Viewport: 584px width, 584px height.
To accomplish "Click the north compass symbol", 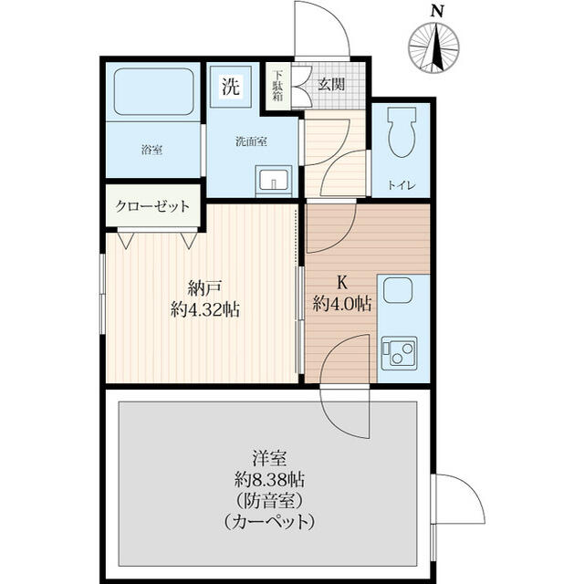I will click(x=437, y=47).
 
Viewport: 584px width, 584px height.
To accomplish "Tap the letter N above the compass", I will click(x=438, y=12).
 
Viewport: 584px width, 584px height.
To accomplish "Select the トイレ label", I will click(x=401, y=185).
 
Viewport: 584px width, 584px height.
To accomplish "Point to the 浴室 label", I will click(x=151, y=149).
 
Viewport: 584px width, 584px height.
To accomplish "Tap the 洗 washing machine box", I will click(x=231, y=89).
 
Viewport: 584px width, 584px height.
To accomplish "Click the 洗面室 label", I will click(x=251, y=141).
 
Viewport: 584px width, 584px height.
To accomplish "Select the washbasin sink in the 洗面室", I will click(x=273, y=179).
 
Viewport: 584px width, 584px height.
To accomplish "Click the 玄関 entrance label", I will click(x=330, y=85).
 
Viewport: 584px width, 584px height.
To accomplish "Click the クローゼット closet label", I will click(x=152, y=205).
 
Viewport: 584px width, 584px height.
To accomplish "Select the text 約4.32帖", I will click(x=205, y=310).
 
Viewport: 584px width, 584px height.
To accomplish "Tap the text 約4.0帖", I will click(x=342, y=303).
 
